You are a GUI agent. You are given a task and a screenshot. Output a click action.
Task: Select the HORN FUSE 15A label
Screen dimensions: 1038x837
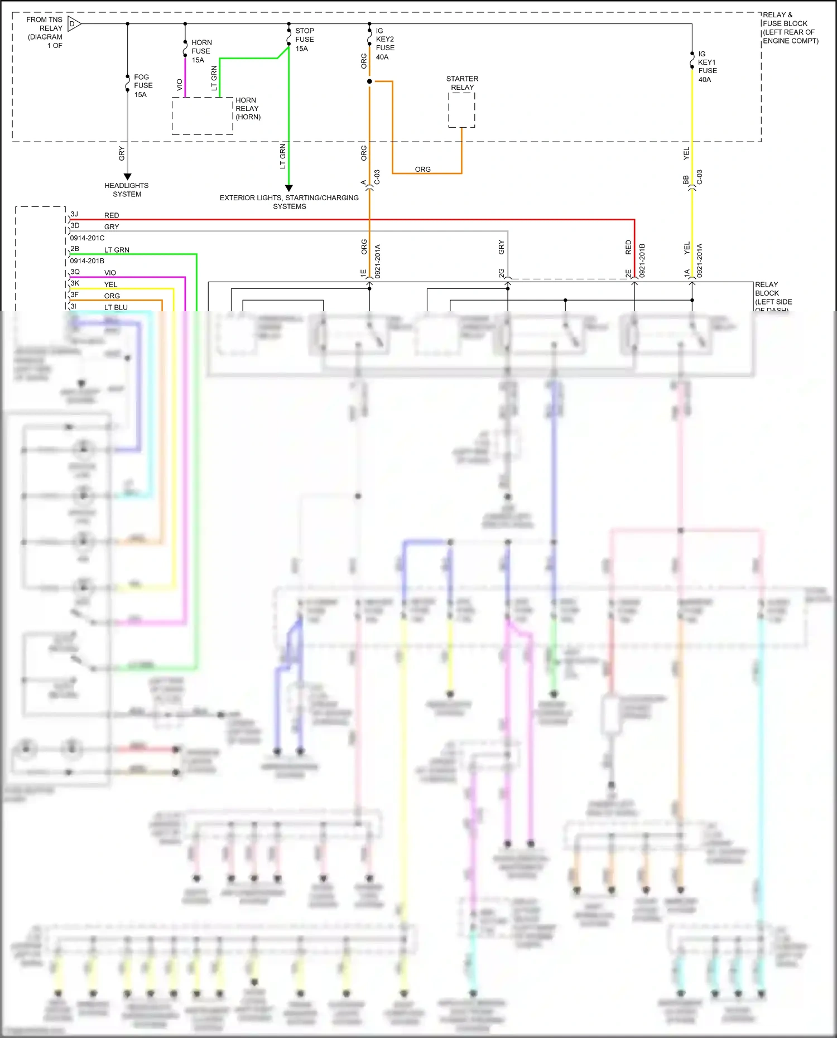pos(201,51)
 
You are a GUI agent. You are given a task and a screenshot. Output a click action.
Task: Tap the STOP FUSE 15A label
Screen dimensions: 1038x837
pos(304,40)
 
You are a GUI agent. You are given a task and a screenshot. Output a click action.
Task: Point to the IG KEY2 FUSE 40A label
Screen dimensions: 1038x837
pos(384,44)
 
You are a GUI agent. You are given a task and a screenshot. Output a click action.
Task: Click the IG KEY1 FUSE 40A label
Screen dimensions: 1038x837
pos(707,66)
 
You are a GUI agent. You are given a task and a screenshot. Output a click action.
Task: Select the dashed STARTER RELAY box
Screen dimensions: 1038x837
pos(461,110)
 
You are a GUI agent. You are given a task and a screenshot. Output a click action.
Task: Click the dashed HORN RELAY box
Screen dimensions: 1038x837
pos(202,116)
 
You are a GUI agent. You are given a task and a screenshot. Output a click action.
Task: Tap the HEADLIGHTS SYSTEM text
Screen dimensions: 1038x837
pos(127,190)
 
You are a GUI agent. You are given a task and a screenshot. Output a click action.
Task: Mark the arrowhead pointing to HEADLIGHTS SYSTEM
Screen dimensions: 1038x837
pos(127,177)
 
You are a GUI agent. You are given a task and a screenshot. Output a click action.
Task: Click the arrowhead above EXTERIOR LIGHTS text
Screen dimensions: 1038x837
pos(288,189)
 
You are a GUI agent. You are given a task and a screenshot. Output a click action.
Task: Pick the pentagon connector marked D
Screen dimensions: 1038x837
pos(74,24)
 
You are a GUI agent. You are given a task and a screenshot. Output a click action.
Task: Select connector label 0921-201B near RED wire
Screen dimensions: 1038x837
pos(642,260)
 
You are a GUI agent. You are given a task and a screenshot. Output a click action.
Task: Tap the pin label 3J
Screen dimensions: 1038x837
pos(74,214)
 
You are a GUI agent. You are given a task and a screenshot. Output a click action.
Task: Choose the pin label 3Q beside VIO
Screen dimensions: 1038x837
pos(75,272)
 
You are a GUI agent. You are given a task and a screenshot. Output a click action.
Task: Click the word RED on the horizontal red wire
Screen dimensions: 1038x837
pos(112,215)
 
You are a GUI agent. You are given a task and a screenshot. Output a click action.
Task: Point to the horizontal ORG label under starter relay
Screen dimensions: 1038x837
pos(422,169)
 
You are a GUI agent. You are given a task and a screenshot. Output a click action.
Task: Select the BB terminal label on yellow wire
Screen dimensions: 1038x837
pos(686,180)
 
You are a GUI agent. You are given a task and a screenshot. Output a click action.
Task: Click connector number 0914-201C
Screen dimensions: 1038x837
pos(87,238)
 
